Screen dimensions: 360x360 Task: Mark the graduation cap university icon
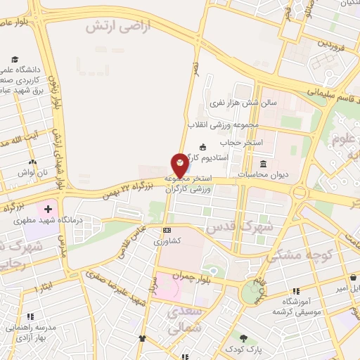(15, 60)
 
